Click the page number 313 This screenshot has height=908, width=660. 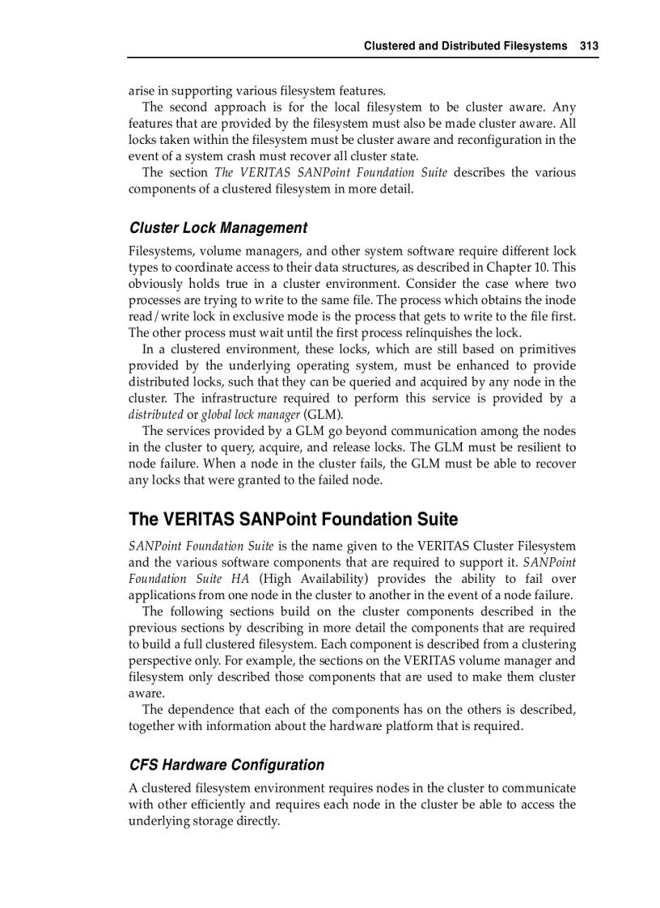tap(589, 46)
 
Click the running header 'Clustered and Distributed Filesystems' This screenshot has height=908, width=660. tap(465, 46)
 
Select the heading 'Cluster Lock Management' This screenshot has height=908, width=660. tap(218, 228)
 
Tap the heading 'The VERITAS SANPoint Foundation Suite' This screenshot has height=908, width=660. tap(293, 519)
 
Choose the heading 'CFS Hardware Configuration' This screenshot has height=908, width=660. tap(226, 765)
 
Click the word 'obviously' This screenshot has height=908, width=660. tap(154, 284)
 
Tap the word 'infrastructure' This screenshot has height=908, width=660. tap(239, 399)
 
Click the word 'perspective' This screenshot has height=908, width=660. tap(162, 661)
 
